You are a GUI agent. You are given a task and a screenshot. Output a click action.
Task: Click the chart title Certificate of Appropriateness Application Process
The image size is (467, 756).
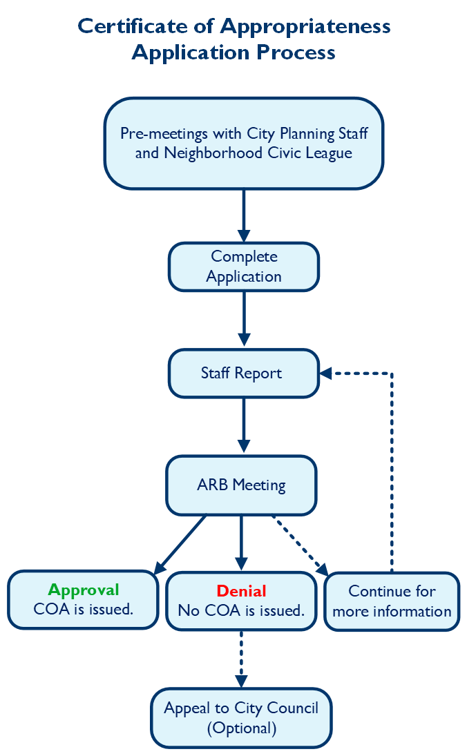pos(233,39)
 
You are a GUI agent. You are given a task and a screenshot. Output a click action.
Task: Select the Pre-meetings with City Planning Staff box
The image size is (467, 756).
pos(243,143)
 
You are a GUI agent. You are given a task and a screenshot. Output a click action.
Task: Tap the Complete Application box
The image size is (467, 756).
pos(244,266)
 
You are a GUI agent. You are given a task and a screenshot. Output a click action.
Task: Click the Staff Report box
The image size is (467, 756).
pos(243,374)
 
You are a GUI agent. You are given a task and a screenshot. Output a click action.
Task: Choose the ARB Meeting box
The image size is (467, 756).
pos(241,485)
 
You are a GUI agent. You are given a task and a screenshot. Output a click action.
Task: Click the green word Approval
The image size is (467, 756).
pos(84,590)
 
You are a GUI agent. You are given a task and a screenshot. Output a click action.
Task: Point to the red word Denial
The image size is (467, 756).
pos(241,591)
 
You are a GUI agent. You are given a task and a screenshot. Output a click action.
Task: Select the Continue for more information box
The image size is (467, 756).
pos(392,601)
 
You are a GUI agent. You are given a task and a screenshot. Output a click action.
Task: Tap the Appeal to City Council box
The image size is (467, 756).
pos(241,718)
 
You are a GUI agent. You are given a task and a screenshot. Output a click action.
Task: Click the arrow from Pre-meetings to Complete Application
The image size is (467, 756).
pos(243,214)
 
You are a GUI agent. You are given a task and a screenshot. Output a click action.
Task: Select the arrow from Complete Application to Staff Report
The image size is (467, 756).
pos(243,318)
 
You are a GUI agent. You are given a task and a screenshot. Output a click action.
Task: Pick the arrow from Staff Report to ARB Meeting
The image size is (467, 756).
pos(243,425)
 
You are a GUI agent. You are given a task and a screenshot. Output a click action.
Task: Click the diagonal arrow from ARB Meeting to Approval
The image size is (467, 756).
pos(181,544)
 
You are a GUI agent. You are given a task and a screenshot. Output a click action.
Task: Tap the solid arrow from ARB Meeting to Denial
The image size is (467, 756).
pos(241,542)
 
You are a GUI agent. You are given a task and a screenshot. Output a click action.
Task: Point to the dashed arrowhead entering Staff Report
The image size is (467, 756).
pos(326,374)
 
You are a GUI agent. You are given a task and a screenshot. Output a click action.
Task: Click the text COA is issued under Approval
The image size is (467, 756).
pos(84,610)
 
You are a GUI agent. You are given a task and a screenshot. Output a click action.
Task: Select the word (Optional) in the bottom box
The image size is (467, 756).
pos(241,728)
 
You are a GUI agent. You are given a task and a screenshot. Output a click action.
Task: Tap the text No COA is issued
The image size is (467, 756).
pos(241,610)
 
